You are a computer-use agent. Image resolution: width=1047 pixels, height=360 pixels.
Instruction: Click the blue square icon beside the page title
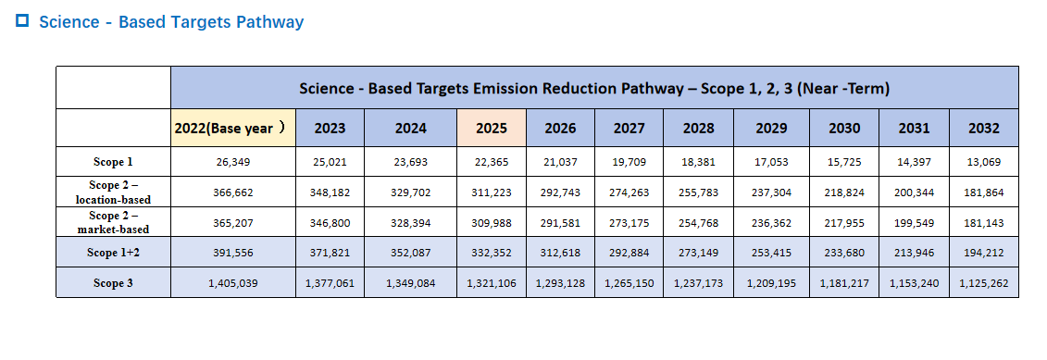(x=22, y=20)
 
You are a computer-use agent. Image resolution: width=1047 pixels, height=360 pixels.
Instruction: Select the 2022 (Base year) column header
(x=232, y=129)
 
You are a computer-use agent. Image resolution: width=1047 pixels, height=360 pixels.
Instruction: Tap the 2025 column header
(x=492, y=129)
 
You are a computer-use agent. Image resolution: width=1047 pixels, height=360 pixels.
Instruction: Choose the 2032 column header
(x=983, y=129)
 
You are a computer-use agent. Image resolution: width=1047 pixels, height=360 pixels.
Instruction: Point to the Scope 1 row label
(x=114, y=162)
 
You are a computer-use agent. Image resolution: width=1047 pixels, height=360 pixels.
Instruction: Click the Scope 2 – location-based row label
(x=114, y=192)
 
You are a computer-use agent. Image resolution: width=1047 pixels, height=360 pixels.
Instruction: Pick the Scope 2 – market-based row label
(x=114, y=222)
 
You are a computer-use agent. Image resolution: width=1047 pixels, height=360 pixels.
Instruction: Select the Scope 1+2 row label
(x=114, y=253)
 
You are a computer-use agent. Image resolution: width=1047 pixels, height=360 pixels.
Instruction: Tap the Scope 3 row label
(x=114, y=283)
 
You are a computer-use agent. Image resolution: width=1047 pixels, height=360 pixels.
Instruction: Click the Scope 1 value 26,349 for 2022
(x=233, y=162)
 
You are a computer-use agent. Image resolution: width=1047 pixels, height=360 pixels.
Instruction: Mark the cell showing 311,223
(x=492, y=192)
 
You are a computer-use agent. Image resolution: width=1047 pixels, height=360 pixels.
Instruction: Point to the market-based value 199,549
(x=914, y=223)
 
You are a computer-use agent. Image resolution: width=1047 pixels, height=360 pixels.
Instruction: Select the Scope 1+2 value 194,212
(x=983, y=254)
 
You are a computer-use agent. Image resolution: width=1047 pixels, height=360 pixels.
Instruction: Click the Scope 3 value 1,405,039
(x=233, y=283)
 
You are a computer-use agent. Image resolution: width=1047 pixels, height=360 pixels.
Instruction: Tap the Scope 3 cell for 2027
(x=629, y=283)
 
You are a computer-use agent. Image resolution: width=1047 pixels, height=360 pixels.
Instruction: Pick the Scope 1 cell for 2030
(x=844, y=162)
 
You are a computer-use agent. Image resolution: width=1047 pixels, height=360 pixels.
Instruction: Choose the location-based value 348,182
(x=330, y=192)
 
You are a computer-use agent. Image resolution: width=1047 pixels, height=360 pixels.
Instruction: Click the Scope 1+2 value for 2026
(x=560, y=254)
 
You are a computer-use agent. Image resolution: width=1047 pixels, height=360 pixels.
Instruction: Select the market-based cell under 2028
(x=698, y=223)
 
